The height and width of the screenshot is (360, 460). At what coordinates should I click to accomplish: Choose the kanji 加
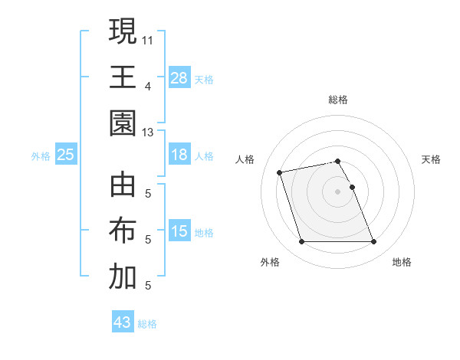[123, 278]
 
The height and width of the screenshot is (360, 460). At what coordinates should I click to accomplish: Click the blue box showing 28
[179, 77]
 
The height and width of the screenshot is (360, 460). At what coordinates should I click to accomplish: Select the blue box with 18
[179, 155]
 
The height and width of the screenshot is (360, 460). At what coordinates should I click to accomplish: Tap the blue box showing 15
[179, 231]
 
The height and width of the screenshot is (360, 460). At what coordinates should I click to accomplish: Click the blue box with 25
[66, 155]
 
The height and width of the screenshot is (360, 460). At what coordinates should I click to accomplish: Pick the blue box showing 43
[123, 322]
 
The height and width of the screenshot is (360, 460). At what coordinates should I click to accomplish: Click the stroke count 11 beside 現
[148, 38]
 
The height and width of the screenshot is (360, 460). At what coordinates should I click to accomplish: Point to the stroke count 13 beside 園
[148, 132]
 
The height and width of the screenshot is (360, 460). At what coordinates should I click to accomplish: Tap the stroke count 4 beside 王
[147, 85]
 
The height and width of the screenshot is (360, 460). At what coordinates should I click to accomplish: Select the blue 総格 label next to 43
[147, 324]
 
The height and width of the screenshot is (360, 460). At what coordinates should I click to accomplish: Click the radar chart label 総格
[337, 100]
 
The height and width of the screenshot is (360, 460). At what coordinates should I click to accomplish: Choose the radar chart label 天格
[432, 159]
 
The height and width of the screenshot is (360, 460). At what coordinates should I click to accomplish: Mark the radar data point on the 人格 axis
[280, 172]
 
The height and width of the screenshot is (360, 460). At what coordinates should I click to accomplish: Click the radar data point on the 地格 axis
[373, 242]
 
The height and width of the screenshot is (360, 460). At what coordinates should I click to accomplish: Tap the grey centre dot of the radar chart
[337, 191]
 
